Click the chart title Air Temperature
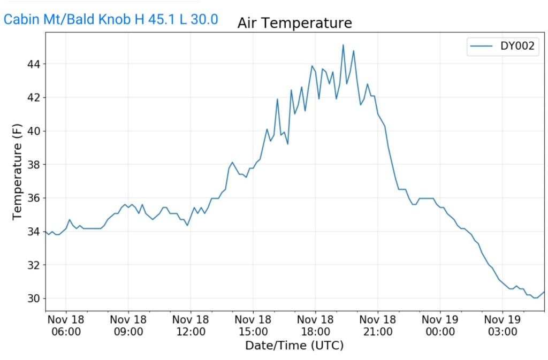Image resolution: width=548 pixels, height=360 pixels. click(x=294, y=23)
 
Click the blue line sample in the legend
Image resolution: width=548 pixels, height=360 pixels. click(x=481, y=47)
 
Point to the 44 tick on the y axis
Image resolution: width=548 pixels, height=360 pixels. click(x=33, y=64)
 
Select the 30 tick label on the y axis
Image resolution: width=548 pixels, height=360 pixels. click(x=33, y=298)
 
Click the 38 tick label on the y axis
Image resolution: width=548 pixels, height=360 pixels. click(x=33, y=165)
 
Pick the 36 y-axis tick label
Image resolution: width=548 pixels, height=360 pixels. click(x=33, y=198)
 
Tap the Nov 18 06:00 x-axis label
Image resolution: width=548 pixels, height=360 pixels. click(x=66, y=325)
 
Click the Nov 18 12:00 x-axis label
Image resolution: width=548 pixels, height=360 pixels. click(x=191, y=325)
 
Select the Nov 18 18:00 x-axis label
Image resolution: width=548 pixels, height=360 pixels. click(x=315, y=325)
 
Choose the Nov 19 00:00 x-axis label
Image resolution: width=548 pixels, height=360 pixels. click(x=440, y=325)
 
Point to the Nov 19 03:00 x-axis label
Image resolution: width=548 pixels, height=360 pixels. click(x=503, y=325)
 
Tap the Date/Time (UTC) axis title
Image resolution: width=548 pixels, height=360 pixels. click(x=294, y=346)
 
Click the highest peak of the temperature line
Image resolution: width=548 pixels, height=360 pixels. click(x=343, y=45)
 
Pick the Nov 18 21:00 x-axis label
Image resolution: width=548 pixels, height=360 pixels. click(x=378, y=325)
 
